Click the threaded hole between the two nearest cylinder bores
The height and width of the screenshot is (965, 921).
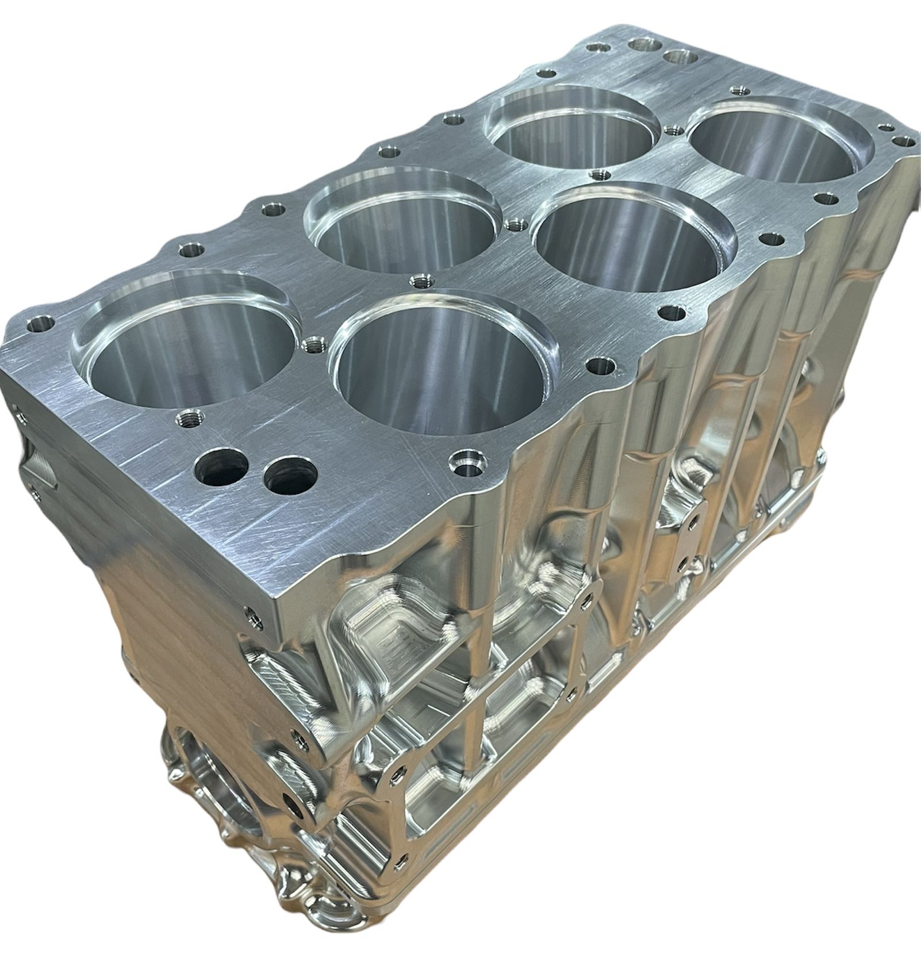click(x=312, y=345)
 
